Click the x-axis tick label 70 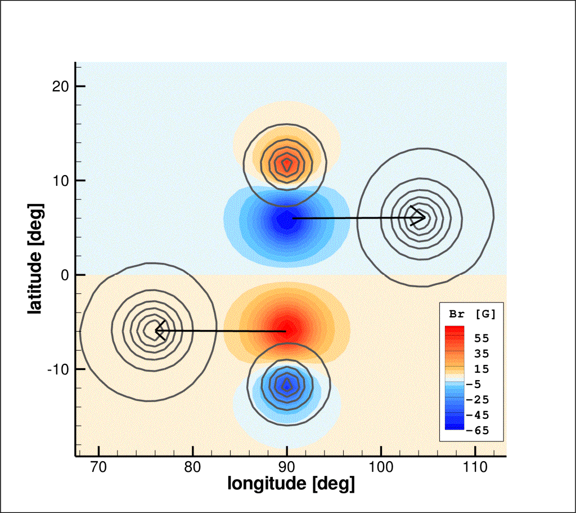tap(98, 467)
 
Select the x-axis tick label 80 tap(192, 467)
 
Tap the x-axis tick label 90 tap(286, 467)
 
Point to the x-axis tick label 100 tap(381, 467)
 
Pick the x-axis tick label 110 tap(475, 467)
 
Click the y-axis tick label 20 tap(60, 86)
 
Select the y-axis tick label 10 tap(60, 181)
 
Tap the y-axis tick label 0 tap(65, 275)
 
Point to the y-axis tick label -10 tap(58, 369)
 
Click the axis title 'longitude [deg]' tap(291, 483)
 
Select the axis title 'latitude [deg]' tap(36, 258)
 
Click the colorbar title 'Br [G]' tap(472, 314)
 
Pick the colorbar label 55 tap(481, 338)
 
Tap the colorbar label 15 tap(481, 369)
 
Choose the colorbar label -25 tap(478, 400)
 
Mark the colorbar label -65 tap(478, 430)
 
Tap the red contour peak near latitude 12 tap(286, 164)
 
